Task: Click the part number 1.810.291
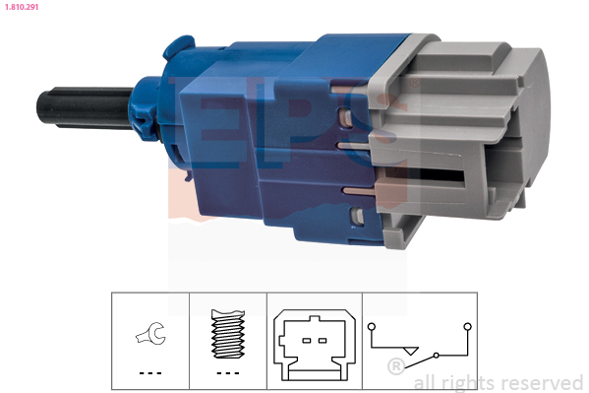click(22, 7)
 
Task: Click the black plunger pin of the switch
click(86, 107)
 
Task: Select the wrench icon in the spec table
click(151, 333)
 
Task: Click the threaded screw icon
click(228, 334)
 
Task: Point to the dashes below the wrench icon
click(150, 373)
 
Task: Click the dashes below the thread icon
click(228, 373)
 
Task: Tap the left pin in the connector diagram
click(307, 341)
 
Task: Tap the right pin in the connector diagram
click(323, 341)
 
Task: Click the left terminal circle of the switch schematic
click(372, 326)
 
